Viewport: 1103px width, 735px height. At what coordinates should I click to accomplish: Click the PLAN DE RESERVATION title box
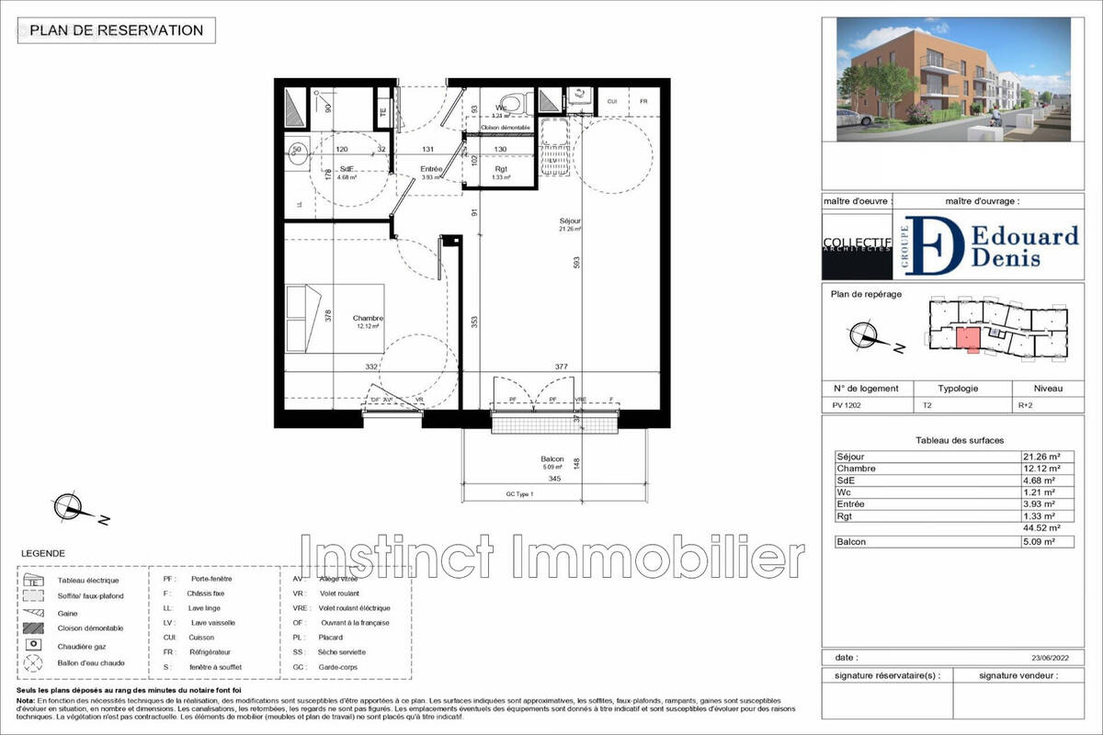point(117,30)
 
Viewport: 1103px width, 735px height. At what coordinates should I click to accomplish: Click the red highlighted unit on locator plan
point(968,338)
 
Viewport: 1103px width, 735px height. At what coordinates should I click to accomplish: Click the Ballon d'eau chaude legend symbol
point(34,662)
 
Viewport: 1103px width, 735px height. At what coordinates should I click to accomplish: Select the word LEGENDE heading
point(41,554)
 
